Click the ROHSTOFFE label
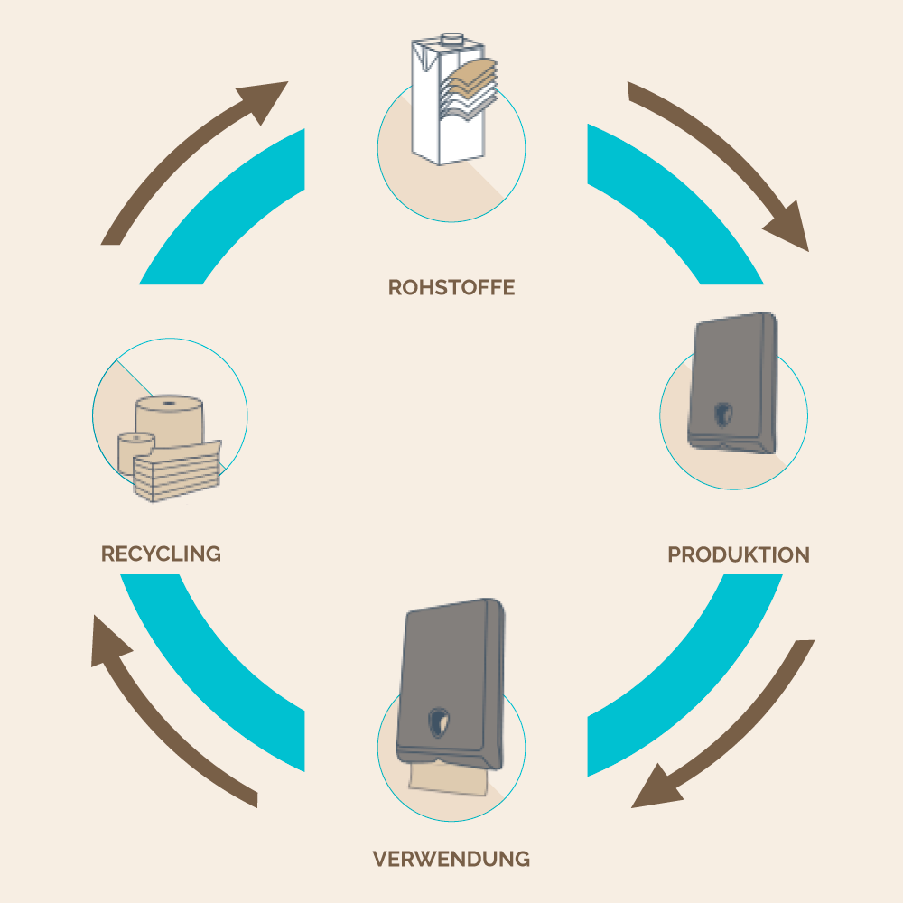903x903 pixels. [451, 288]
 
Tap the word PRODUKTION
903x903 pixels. [738, 554]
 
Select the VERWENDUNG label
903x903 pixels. [451, 858]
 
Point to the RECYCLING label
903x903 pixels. [161, 554]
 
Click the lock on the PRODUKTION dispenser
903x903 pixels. [722, 414]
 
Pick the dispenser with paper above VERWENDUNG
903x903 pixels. [450, 677]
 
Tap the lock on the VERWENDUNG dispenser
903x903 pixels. [440, 722]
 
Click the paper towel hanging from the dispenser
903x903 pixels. [450, 779]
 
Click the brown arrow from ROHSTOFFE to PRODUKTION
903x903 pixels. [722, 163]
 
